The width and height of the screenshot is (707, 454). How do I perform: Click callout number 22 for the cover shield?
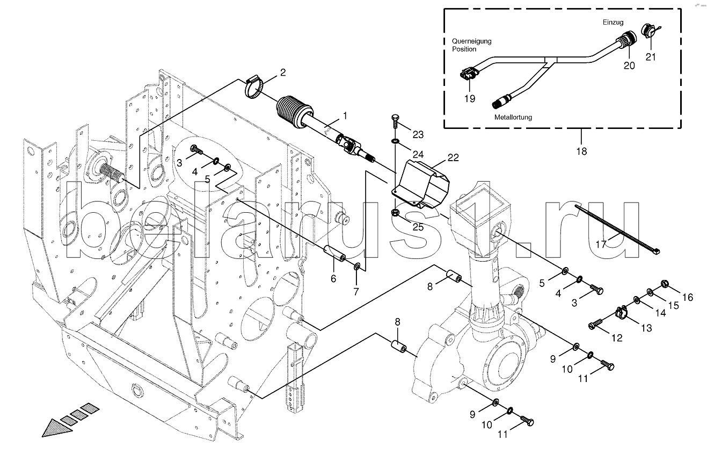453,157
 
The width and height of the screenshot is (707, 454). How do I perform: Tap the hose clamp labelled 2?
253,88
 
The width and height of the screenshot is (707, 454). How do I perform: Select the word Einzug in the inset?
613,23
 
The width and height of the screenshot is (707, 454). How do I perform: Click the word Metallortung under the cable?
513,117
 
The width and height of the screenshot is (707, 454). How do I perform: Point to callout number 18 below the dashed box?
581,152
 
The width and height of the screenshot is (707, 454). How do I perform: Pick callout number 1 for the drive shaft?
345,116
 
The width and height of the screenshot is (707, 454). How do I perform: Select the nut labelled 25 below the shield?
395,212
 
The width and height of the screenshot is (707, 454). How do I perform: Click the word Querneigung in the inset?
471,41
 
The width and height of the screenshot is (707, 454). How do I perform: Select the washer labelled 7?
357,267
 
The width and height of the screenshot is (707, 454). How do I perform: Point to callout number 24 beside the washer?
418,155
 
